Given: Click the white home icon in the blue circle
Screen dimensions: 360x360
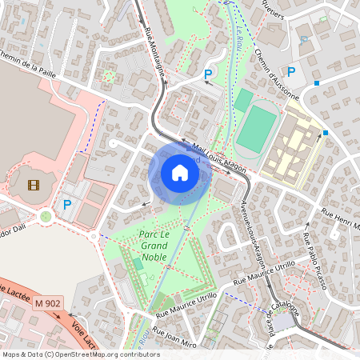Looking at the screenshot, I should click(179, 173).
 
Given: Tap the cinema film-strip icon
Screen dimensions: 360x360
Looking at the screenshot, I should click(33, 186).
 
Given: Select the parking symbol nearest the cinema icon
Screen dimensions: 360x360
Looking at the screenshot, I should click(67, 206).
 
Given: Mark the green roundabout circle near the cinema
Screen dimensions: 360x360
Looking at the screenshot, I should click(46, 216).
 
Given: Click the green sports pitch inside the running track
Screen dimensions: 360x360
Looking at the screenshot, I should click(255, 130).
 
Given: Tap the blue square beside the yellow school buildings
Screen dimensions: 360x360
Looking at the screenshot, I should click(325, 133).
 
